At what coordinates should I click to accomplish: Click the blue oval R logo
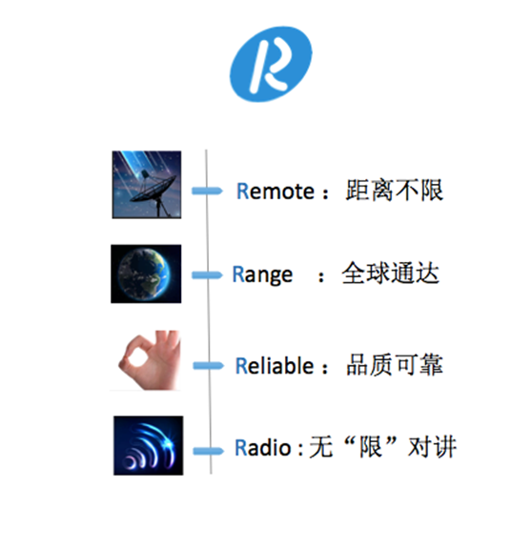271,64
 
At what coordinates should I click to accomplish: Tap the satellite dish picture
147,185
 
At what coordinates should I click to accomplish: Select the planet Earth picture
146,274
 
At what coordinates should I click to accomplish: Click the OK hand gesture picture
146,360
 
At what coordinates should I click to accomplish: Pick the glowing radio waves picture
148,446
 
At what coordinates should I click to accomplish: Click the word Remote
276,192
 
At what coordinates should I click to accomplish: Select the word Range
262,275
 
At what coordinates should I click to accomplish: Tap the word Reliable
275,366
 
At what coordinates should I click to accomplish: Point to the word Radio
262,447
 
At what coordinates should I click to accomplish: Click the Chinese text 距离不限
395,191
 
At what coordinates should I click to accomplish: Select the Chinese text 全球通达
390,273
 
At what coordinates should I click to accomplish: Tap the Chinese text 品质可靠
395,364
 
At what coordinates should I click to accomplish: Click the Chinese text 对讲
432,447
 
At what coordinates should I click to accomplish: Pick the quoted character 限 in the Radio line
371,447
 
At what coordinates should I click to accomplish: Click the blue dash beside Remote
207,191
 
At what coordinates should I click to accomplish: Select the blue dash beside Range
207,275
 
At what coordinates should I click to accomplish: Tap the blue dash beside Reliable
209,366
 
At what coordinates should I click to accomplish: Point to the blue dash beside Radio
209,451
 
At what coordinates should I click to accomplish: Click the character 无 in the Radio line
321,447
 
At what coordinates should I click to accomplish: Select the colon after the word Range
321,277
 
